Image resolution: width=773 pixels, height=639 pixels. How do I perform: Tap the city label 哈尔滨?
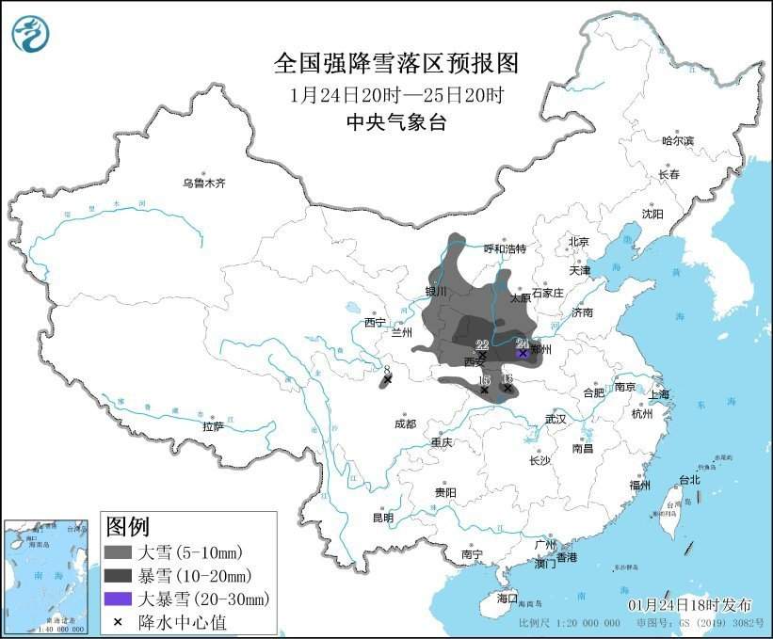click(676, 140)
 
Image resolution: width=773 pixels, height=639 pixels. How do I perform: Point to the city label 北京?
click(577, 242)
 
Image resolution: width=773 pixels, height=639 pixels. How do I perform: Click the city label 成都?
click(405, 423)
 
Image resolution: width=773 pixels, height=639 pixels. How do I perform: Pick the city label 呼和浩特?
click(505, 248)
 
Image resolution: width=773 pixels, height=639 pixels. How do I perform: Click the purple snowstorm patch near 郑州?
click(523, 352)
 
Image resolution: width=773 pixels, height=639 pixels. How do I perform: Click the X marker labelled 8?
click(387, 380)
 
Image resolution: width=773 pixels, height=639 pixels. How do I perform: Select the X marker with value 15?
click(484, 389)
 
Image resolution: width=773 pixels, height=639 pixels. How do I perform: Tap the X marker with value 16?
click(507, 387)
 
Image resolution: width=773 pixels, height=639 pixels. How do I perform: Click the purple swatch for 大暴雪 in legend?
click(118, 599)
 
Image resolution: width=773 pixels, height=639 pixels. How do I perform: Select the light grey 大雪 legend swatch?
click(118, 551)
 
